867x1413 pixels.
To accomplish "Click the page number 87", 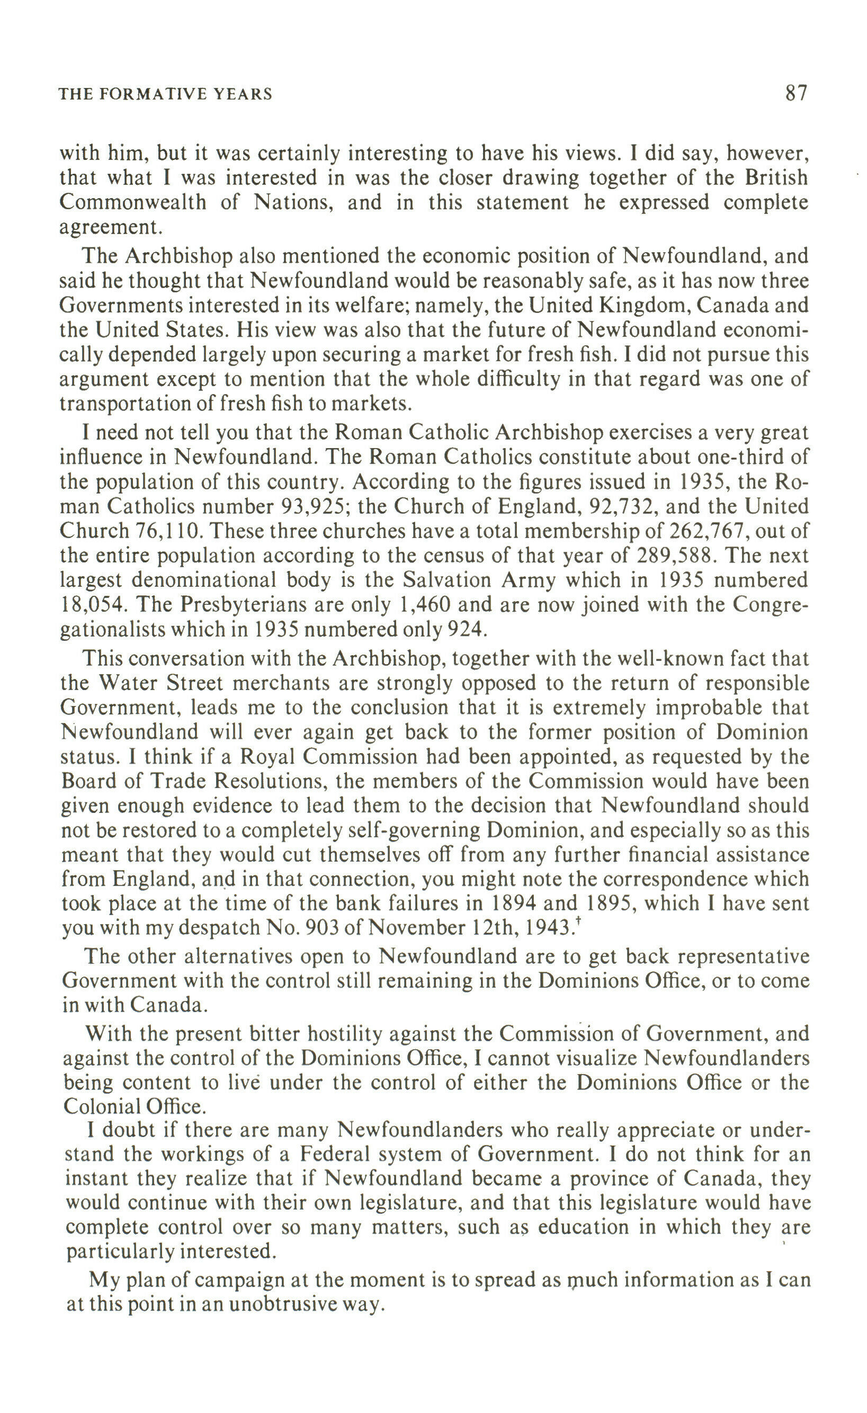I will pos(796,92).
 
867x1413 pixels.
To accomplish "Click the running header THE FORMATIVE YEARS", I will pos(166,94).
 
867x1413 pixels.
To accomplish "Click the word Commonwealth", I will pos(133,202).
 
